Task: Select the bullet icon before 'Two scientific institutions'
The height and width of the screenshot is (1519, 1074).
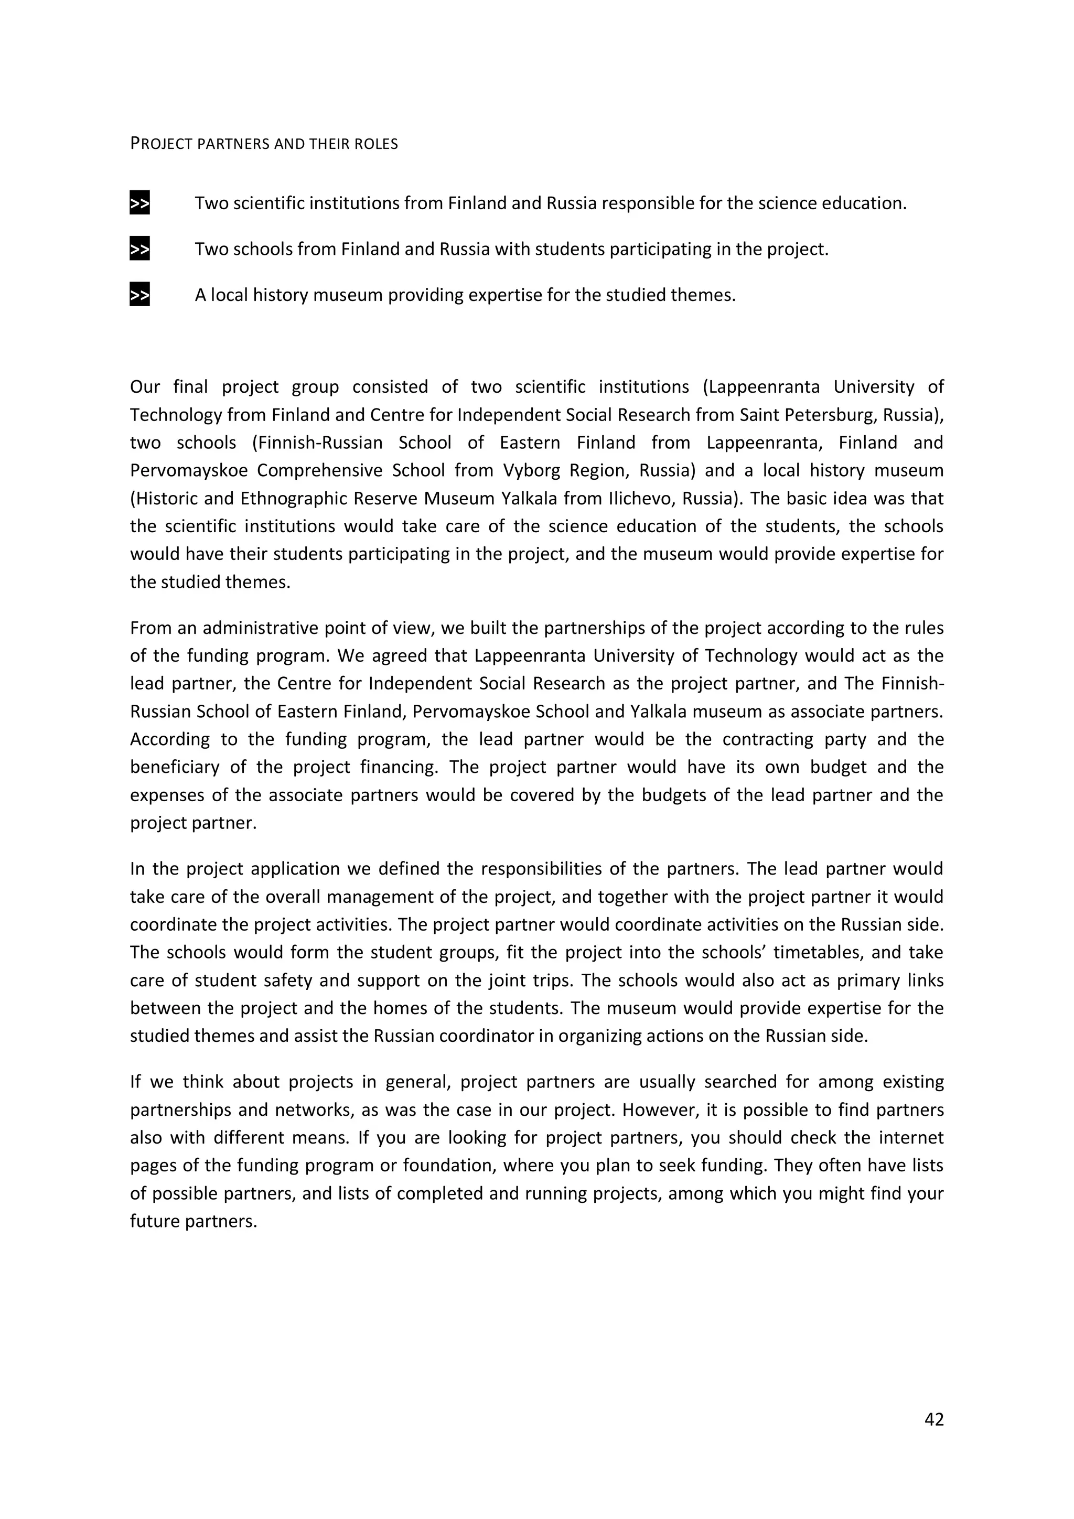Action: coord(139,203)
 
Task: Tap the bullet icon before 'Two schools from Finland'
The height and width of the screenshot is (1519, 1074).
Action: coord(139,250)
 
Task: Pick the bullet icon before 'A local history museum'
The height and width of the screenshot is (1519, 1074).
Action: coord(139,295)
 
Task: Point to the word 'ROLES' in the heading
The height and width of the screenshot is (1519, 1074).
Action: coord(377,144)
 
